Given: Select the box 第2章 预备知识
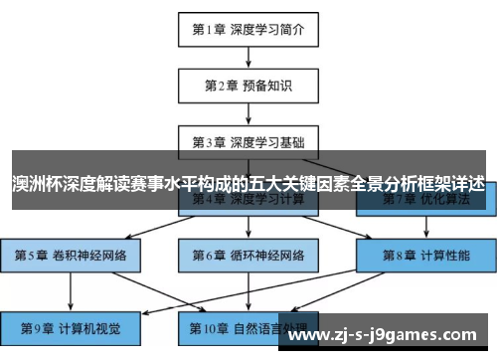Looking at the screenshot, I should pyautogui.click(x=248, y=85).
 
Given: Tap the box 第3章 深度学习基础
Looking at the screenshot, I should pyautogui.click(x=248, y=141).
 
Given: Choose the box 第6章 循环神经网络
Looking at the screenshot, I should pyautogui.click(x=248, y=256).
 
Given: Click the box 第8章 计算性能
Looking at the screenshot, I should pyautogui.click(x=425, y=256).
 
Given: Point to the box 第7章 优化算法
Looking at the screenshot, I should pyautogui.click(x=425, y=202).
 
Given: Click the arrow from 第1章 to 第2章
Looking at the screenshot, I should pyautogui.click(x=248, y=57).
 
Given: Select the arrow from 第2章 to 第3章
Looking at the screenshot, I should pyautogui.click(x=248, y=113).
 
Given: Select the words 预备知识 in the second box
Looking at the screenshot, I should pyautogui.click(x=266, y=85).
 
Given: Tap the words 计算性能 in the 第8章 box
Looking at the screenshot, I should pyautogui.click(x=444, y=256).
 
